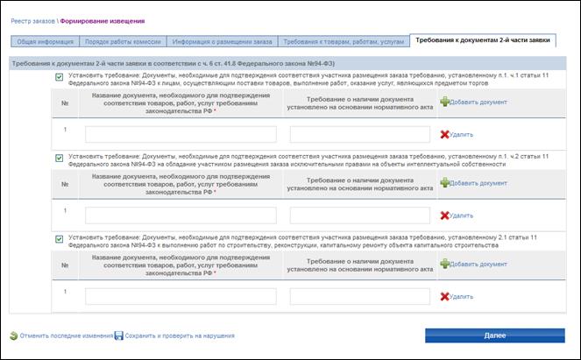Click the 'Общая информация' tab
pos(44,41)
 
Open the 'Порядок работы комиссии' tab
pos(121,41)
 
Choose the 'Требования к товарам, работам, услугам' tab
pos(343,41)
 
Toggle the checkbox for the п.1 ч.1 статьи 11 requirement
pos(59,77)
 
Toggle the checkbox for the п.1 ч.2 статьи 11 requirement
pos(59,158)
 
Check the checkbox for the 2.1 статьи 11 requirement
pos(59,238)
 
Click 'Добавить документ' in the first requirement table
pos(478,102)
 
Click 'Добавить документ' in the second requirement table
pos(478,183)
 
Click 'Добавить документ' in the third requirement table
pos(478,264)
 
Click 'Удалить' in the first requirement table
pos(461,135)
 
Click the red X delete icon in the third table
pos(444,296)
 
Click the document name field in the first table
pos(181,134)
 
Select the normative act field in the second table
pos(361,215)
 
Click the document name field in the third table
pos(181,296)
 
